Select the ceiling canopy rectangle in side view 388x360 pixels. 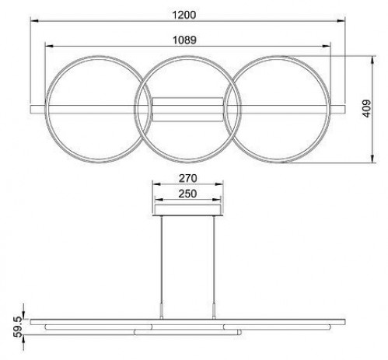click(x=187, y=210)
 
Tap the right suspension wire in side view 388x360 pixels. click(x=214, y=264)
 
